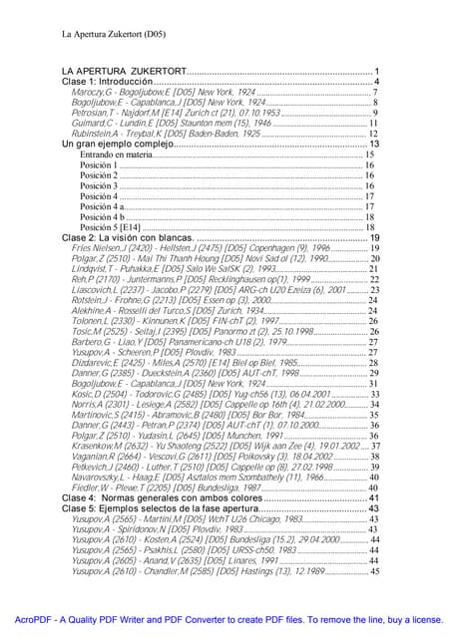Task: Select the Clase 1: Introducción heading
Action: [111, 82]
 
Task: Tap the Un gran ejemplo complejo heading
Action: [129, 145]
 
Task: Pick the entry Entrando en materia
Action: [117, 156]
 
